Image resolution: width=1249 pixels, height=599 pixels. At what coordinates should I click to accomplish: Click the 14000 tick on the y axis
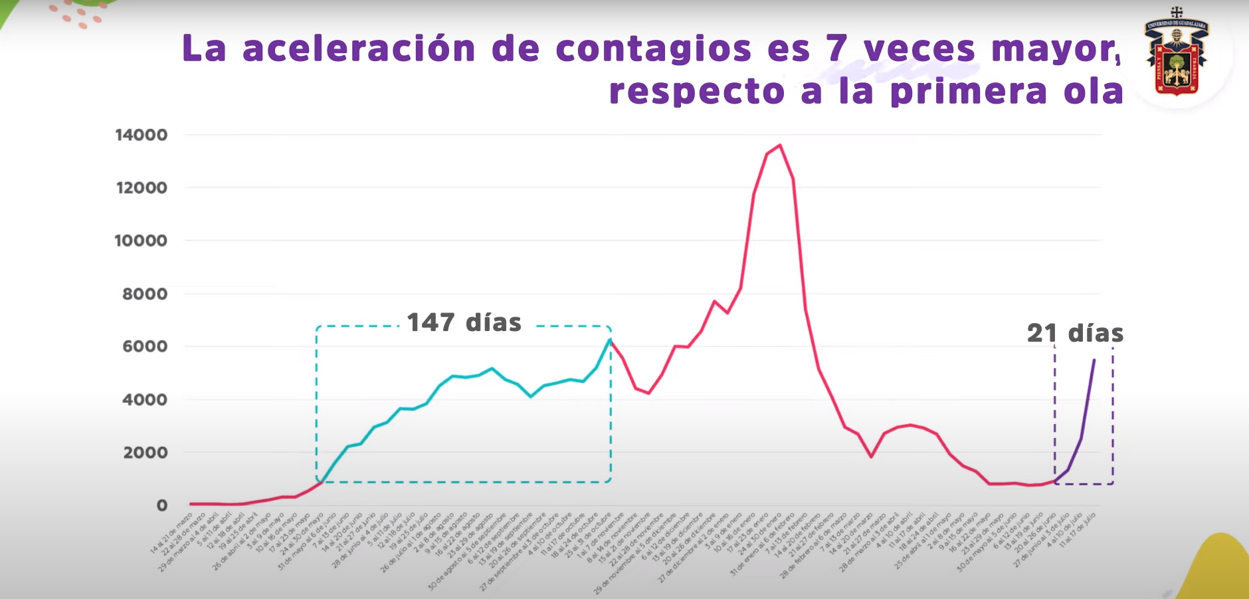(141, 135)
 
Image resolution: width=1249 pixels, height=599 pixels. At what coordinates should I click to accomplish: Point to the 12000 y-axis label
(142, 188)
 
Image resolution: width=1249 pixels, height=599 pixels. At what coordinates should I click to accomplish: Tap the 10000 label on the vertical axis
(141, 241)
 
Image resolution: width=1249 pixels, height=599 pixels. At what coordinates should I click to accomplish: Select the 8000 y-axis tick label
(145, 294)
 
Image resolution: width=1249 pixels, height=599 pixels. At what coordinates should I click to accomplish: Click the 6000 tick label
(145, 346)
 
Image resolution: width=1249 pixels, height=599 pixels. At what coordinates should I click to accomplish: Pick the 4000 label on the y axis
(145, 400)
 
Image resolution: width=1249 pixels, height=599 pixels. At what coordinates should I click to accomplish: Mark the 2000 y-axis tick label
(145, 453)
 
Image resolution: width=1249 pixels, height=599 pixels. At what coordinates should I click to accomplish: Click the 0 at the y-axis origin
(162, 506)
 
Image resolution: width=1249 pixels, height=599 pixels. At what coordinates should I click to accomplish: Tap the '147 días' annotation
(464, 323)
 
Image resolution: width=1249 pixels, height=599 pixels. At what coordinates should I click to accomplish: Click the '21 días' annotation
(1075, 333)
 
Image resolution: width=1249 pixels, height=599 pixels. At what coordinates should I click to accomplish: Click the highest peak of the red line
(780, 145)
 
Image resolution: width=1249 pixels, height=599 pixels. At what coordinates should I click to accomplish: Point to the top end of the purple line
(1094, 360)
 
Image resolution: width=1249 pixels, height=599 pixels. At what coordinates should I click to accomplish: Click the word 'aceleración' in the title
(359, 49)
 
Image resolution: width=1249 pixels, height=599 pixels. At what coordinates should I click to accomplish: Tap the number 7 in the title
(837, 49)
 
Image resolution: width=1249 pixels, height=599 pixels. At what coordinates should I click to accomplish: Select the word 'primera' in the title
(969, 92)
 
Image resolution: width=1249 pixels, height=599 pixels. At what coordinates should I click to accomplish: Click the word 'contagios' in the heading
(653, 50)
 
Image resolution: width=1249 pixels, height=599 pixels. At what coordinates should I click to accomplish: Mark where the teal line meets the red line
(610, 340)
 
